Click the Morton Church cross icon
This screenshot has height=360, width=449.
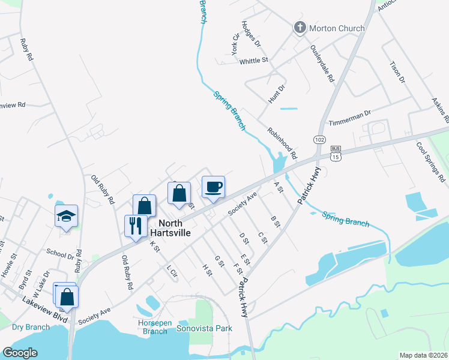[x=299, y=28]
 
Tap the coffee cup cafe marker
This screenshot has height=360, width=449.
[x=213, y=188]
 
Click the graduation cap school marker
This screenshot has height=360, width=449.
[x=66, y=217]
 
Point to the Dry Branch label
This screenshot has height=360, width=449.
[x=30, y=328]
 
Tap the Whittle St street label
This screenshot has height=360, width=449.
[x=253, y=61]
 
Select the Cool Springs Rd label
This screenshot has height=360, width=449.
[x=430, y=162]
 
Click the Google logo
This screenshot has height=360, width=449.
[x=20, y=353]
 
